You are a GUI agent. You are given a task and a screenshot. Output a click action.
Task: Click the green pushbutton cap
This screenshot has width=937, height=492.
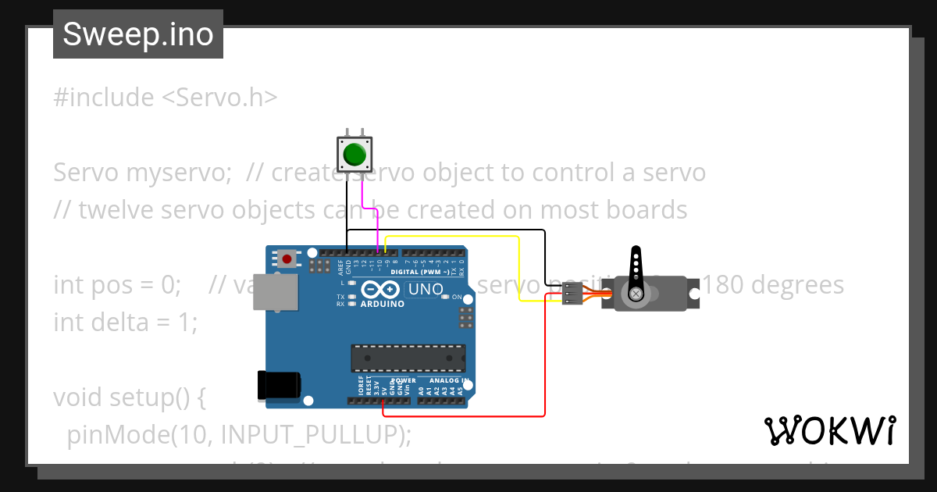354,153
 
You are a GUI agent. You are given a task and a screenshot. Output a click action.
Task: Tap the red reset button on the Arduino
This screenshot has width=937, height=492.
287,258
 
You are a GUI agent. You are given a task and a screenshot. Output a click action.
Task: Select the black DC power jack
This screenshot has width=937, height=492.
279,386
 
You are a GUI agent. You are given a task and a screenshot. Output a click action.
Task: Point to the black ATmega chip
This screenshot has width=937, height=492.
408,358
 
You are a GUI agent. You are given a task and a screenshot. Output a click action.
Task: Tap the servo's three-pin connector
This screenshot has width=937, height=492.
572,294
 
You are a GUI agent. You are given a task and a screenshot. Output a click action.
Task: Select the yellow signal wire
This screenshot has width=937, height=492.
519,266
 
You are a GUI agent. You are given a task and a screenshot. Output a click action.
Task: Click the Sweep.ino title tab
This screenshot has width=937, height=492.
138,34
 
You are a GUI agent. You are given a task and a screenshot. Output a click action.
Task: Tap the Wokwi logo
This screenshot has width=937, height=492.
829,430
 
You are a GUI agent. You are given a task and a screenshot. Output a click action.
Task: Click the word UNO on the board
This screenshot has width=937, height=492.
426,289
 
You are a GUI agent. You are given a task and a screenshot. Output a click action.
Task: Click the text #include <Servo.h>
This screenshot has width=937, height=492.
166,98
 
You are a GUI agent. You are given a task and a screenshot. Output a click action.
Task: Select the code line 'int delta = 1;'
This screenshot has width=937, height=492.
126,322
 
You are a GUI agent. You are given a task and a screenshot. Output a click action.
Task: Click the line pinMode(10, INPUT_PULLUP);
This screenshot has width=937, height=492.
239,434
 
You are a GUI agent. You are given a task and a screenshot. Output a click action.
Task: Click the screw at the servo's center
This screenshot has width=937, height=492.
636,294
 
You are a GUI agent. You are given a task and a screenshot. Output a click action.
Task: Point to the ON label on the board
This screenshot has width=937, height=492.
458,298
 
